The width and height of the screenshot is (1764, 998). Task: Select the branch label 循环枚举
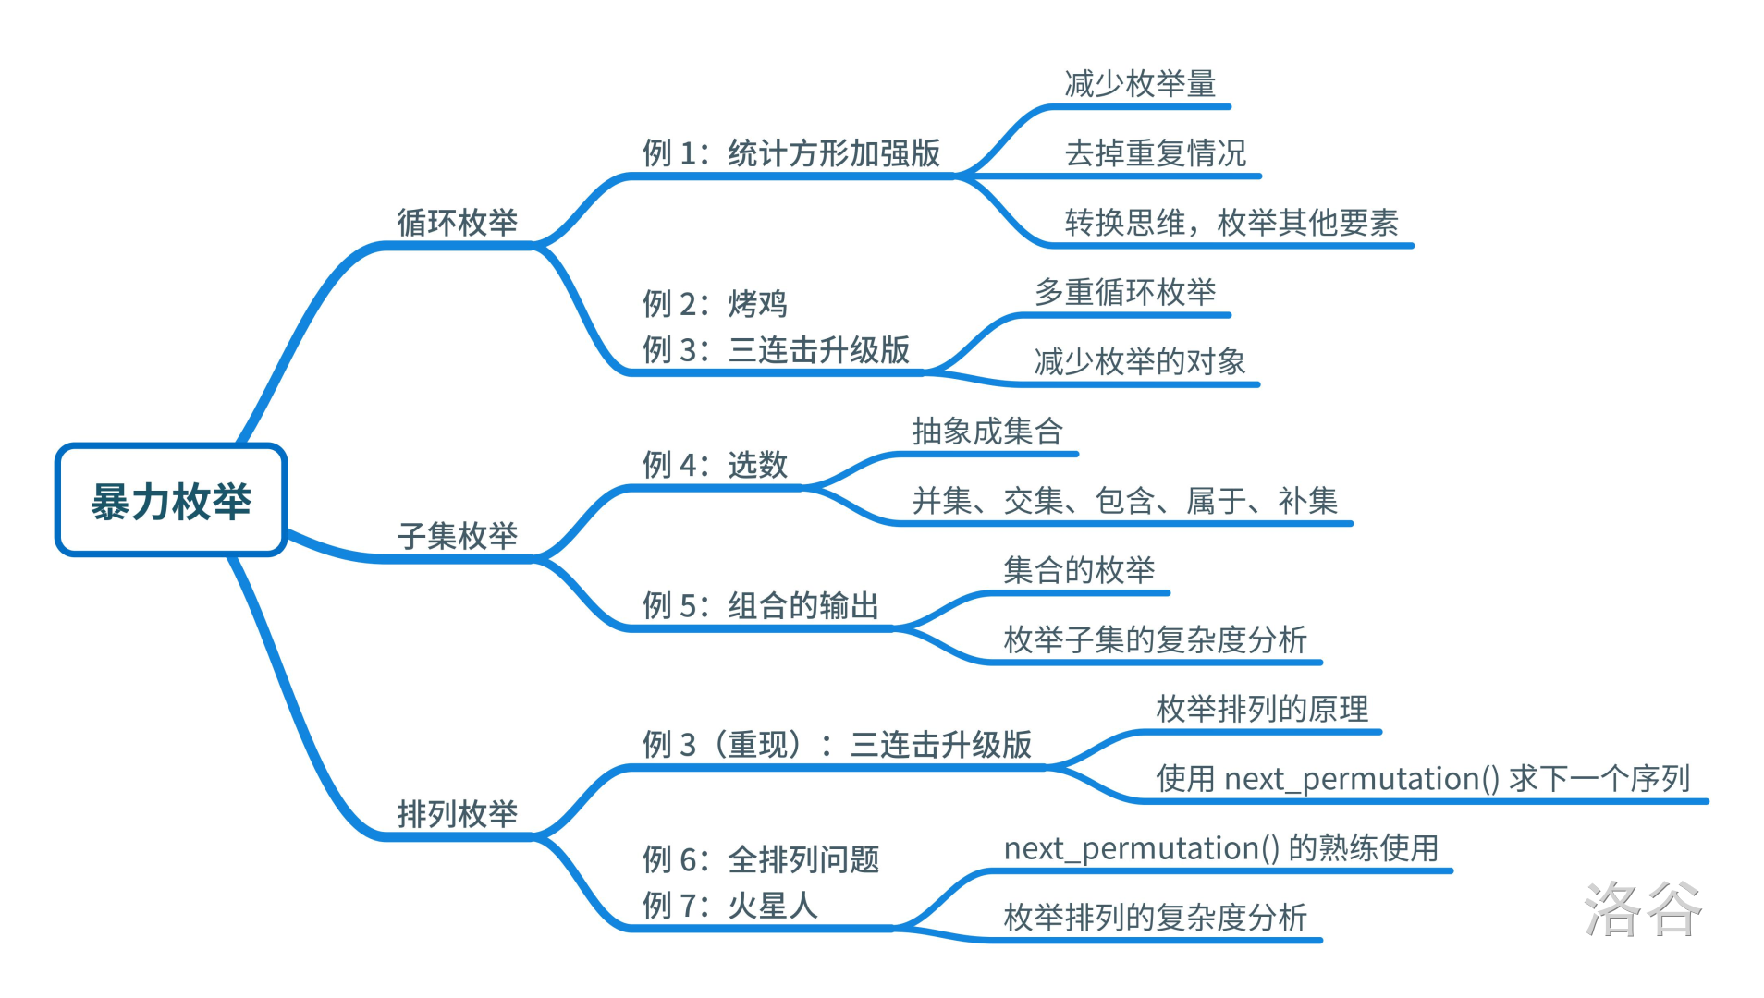(457, 222)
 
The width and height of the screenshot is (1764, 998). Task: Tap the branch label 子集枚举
(457, 535)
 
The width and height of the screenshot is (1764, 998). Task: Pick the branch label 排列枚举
(457, 813)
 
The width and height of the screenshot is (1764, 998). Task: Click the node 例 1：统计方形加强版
(791, 152)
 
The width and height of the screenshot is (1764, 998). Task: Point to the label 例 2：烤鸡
(715, 303)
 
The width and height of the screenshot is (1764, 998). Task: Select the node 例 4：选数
(715, 464)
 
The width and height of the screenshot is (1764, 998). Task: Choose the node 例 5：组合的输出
(760, 605)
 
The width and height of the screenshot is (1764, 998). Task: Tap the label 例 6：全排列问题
(760, 859)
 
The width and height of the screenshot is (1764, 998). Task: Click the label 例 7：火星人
(730, 905)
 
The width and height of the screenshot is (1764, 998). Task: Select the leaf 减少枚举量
(1140, 83)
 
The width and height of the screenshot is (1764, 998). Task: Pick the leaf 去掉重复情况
(1156, 152)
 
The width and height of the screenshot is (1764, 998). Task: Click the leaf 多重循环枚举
(1125, 291)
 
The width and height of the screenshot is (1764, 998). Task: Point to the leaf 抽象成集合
(987, 431)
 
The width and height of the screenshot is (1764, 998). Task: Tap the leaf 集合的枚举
(1079, 569)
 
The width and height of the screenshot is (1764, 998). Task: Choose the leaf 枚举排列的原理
(1262, 709)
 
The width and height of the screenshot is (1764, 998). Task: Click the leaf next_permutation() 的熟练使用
(1221, 847)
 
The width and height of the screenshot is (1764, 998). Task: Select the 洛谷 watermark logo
(1642, 909)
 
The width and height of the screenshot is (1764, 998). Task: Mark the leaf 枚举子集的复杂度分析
(1156, 639)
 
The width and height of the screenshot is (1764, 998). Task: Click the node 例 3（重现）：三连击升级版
(837, 744)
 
